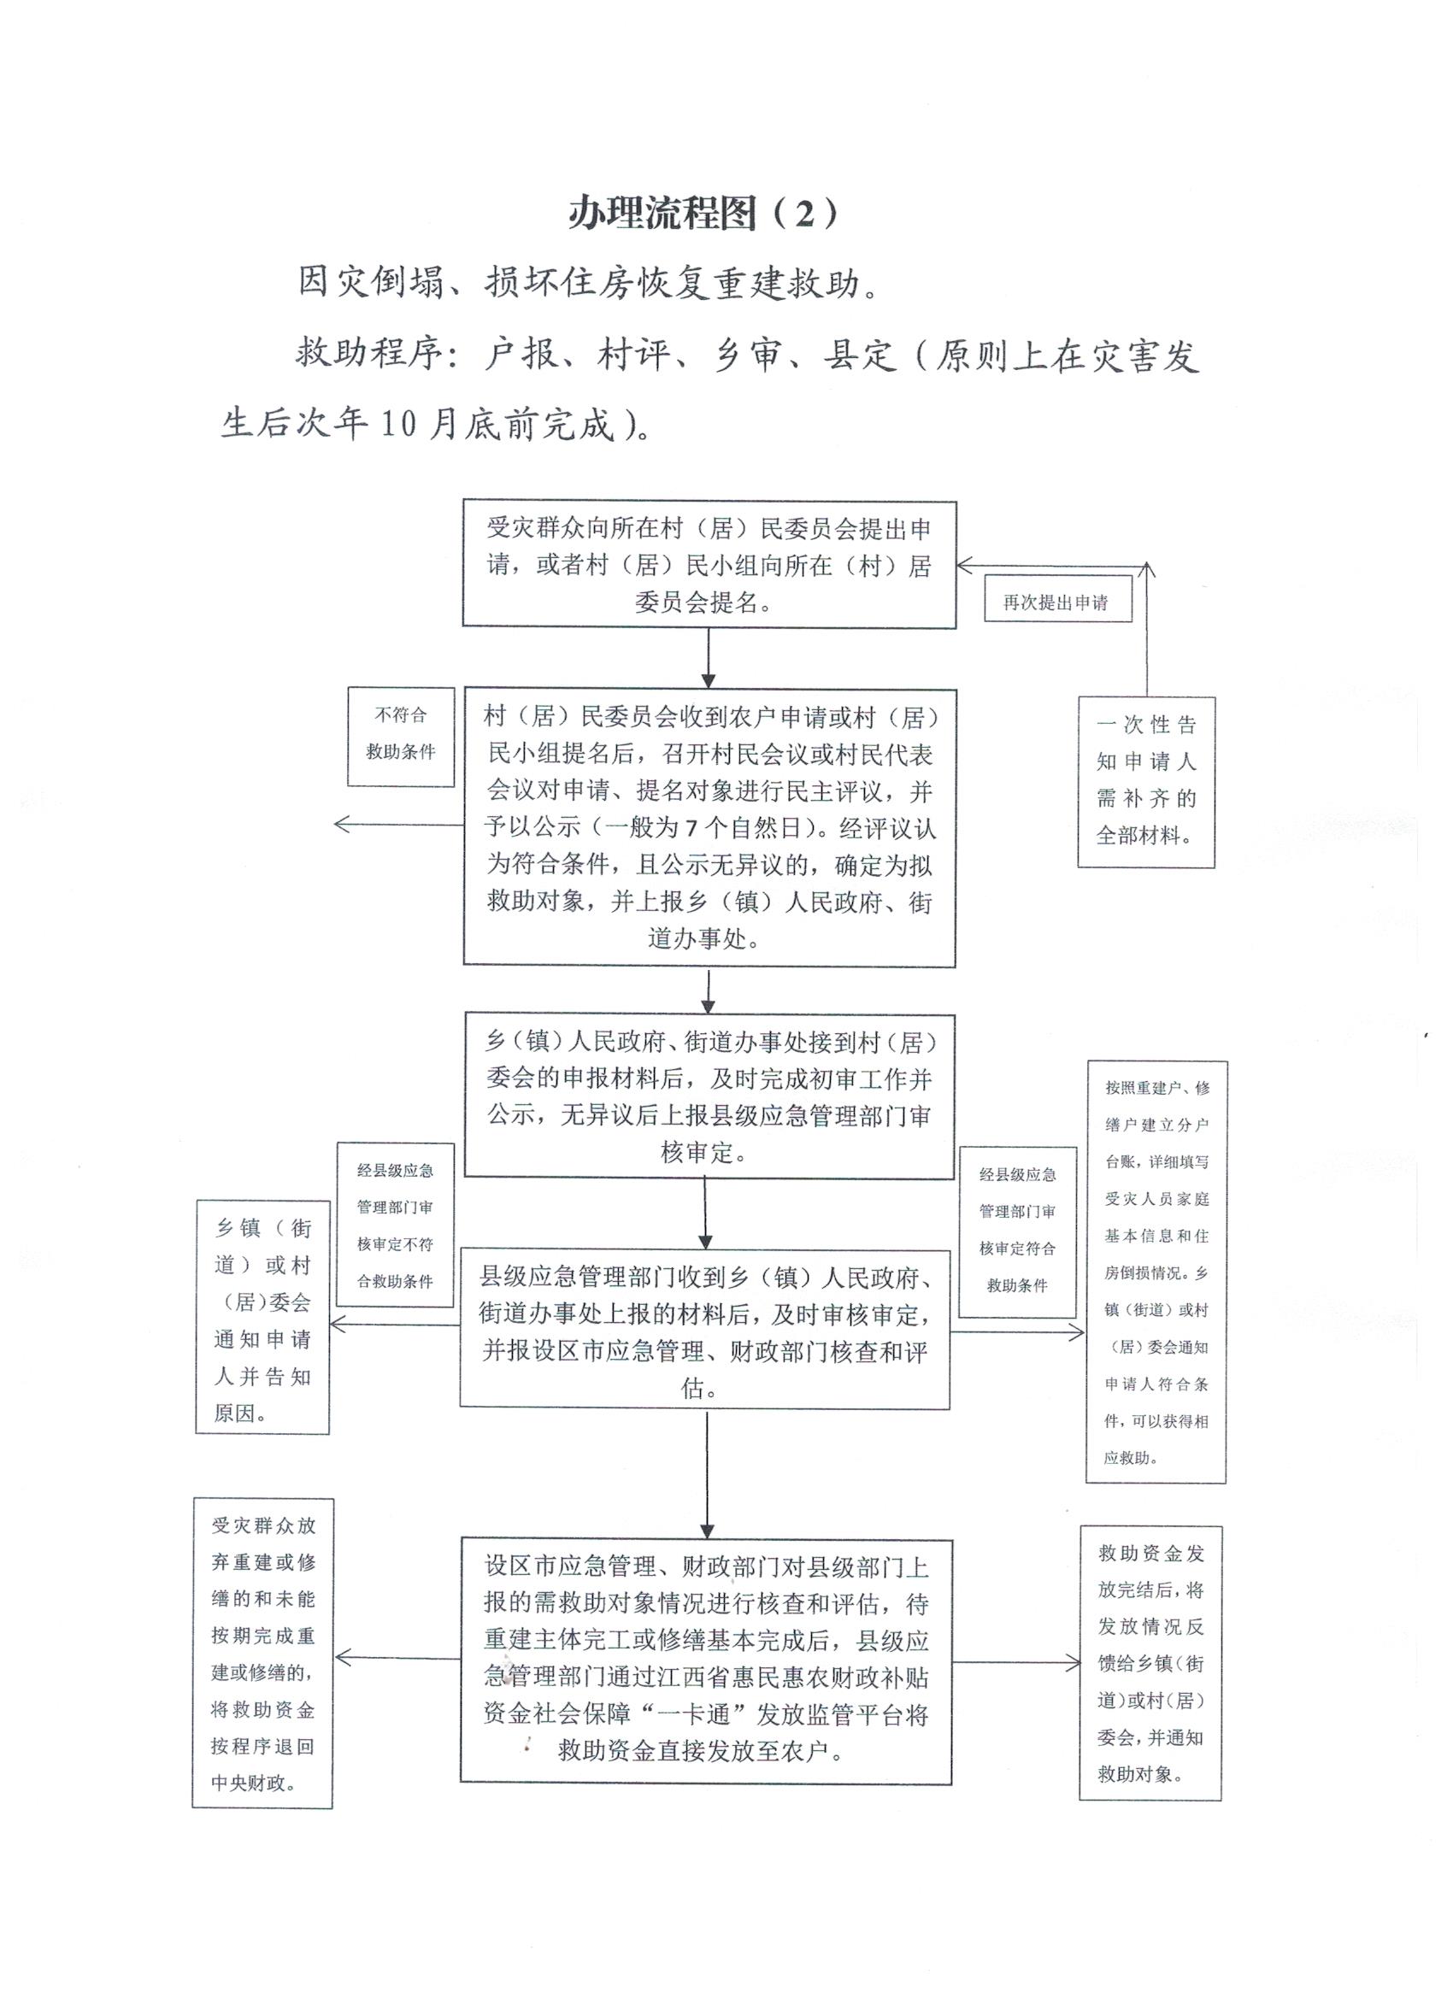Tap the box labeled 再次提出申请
(x=1056, y=602)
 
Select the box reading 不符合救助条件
(x=401, y=736)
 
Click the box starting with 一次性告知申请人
(x=1145, y=781)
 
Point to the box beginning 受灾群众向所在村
(x=709, y=565)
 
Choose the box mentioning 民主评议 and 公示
(x=709, y=827)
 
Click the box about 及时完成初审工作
(x=709, y=1096)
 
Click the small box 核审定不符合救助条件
(x=395, y=1225)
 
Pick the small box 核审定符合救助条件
(x=1018, y=1231)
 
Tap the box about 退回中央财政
(x=262, y=1654)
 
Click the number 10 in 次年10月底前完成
(x=400, y=425)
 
